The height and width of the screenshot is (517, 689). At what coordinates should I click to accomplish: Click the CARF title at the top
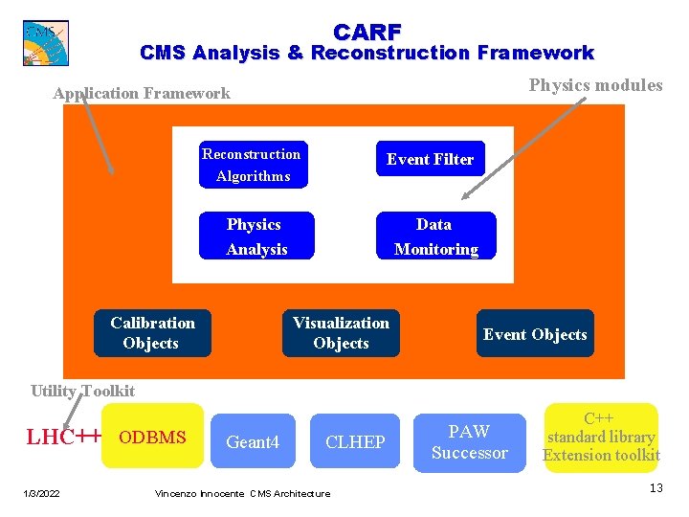click(367, 32)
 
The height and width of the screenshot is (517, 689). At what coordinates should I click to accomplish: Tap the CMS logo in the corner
click(45, 42)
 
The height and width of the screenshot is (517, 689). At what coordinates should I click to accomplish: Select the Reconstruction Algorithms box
click(251, 165)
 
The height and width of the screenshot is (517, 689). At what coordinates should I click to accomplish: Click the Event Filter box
click(430, 159)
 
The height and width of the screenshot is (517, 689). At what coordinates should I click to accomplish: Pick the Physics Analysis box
click(256, 236)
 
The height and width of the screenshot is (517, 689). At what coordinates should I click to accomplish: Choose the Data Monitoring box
click(435, 236)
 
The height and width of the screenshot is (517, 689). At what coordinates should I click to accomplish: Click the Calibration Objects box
click(151, 333)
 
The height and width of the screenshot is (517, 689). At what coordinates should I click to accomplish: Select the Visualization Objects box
click(341, 333)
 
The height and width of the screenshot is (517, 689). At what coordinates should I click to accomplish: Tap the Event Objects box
click(535, 334)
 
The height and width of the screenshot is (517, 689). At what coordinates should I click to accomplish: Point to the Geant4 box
click(253, 441)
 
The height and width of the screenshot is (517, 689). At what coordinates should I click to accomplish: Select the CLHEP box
click(355, 441)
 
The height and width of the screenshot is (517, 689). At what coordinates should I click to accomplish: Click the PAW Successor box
click(469, 442)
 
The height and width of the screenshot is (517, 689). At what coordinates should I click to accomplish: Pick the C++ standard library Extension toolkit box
click(601, 437)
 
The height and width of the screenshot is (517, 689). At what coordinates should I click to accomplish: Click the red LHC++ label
click(63, 438)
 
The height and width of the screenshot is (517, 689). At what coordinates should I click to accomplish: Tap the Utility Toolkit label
click(82, 391)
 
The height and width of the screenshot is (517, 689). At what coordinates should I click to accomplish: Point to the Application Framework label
click(142, 93)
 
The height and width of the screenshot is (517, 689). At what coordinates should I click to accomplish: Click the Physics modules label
click(595, 85)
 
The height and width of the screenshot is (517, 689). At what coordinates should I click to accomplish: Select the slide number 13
click(656, 489)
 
